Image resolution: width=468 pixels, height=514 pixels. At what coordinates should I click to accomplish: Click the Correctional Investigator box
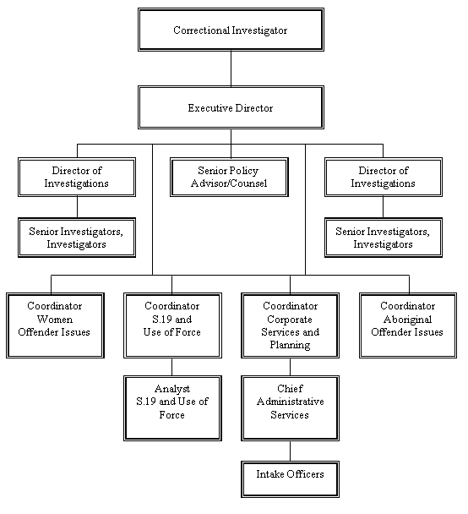click(230, 30)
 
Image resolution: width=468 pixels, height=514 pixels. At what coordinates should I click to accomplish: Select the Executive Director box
click(230, 108)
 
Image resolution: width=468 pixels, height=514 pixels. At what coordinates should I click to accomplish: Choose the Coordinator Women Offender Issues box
click(56, 319)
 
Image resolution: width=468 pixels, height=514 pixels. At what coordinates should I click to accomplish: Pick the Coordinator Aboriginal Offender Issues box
click(407, 319)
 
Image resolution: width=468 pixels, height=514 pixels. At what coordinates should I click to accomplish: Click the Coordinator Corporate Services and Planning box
click(290, 325)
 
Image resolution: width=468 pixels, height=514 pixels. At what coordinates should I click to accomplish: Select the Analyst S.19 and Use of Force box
click(172, 407)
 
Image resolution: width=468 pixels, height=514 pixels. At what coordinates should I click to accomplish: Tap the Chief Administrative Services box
click(290, 407)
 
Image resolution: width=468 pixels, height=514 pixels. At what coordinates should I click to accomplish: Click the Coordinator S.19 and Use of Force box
click(172, 319)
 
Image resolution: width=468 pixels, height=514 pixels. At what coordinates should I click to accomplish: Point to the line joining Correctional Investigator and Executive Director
click(230, 69)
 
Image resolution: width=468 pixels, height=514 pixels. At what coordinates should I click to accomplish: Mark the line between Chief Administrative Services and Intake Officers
click(290, 450)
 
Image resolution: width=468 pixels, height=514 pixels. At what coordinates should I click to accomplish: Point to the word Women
click(56, 319)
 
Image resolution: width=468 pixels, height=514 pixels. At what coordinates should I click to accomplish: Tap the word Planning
click(290, 345)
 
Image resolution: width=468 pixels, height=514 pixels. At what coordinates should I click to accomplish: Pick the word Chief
click(290, 388)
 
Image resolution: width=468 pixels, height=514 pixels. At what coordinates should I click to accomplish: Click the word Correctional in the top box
click(201, 30)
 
